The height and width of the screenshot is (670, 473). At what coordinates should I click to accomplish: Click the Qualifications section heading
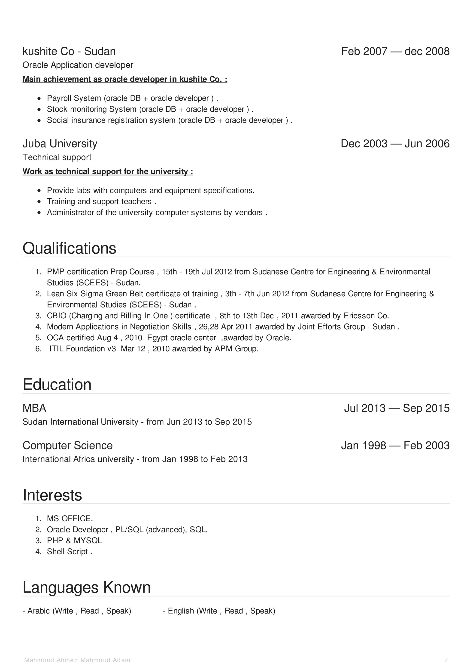coord(69,248)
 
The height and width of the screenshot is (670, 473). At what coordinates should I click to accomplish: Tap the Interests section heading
coord(52,495)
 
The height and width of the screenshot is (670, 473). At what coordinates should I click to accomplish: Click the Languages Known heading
coord(87,587)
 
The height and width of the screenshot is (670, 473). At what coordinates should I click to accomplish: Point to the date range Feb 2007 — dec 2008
coord(395,51)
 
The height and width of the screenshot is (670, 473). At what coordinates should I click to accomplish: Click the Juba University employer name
coord(60,144)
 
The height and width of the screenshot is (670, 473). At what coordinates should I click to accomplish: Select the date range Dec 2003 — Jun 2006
coord(395,144)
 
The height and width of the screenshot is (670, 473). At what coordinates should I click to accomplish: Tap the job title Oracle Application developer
coord(78,65)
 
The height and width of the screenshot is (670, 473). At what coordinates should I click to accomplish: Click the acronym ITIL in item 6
coord(56,349)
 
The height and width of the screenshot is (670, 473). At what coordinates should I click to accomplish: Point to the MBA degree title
coord(34,408)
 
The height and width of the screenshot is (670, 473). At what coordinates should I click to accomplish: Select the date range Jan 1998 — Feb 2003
coord(395,445)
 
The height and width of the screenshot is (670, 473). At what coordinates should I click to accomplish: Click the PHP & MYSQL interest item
coord(74,541)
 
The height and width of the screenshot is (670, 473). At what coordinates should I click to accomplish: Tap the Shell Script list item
coord(69,552)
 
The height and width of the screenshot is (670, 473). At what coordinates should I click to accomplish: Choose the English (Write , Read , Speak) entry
coord(219,611)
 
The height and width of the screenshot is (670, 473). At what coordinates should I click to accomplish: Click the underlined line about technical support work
coord(108,172)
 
